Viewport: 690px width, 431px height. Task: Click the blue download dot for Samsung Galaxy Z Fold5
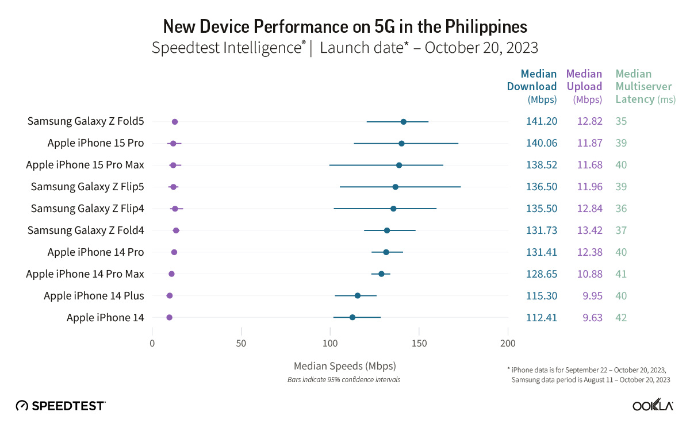(403, 122)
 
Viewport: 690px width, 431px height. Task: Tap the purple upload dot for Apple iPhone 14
(169, 317)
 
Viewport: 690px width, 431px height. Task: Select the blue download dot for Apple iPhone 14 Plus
(357, 295)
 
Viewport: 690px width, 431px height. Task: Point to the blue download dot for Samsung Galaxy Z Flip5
(395, 187)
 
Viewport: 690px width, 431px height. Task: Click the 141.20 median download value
(541, 121)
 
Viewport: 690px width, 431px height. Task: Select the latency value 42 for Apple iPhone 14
(621, 318)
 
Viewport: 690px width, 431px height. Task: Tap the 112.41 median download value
(541, 318)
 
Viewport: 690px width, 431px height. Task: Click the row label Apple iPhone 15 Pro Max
(85, 165)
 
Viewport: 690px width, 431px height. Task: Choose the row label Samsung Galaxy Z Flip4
(87, 209)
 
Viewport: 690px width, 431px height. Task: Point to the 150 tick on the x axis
(419, 344)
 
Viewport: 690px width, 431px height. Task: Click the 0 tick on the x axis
(152, 344)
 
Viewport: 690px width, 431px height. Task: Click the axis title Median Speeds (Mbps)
(344, 365)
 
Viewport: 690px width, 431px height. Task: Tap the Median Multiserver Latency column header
(645, 86)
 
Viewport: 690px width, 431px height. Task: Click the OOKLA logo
(653, 406)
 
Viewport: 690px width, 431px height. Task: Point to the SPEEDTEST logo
(60, 406)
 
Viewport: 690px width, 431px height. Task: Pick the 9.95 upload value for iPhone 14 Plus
(591, 296)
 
